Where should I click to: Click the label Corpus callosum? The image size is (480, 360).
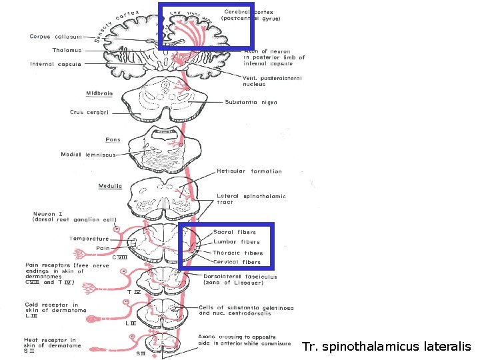(x=56, y=37)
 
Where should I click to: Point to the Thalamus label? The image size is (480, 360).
(x=67, y=50)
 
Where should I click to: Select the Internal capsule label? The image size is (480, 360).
(x=55, y=64)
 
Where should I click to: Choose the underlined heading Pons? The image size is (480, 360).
(x=113, y=140)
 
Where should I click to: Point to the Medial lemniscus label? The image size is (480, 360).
(x=88, y=155)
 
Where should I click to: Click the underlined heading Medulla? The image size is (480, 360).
(x=110, y=186)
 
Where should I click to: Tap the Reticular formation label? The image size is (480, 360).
(x=249, y=171)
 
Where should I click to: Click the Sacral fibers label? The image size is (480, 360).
(x=234, y=232)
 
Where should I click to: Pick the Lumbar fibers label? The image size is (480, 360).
(x=236, y=242)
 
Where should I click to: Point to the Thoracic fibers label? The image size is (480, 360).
(x=237, y=253)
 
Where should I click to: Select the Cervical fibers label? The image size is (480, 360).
(x=237, y=262)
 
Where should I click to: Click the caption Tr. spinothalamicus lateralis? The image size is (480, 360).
(x=386, y=347)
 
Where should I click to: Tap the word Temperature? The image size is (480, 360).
(x=89, y=239)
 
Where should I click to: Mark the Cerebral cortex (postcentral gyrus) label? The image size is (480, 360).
(x=252, y=15)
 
